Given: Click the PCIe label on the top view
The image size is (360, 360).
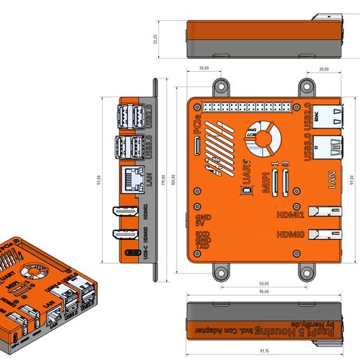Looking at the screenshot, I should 198,128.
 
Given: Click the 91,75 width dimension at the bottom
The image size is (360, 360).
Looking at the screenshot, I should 264,350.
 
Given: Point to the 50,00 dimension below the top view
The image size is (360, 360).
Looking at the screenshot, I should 264,284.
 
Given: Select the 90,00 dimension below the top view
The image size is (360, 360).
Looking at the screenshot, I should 264,291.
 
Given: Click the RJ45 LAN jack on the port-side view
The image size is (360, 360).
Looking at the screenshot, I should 132,179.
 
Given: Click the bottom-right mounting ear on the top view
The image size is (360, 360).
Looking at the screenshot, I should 305,270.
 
